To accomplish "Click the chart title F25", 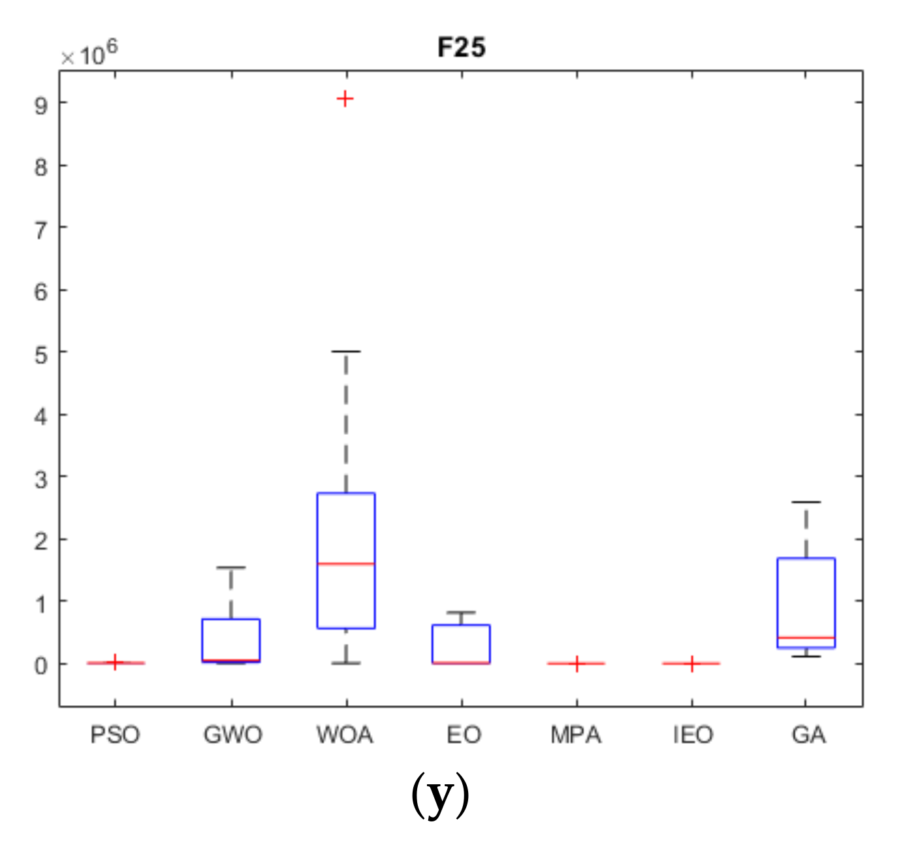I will [461, 48].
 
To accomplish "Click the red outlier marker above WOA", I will [345, 99].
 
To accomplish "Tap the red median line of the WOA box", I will [346, 563].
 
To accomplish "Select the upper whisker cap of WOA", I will [346, 351].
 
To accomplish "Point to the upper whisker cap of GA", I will [806, 502].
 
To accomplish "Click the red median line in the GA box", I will [806, 637].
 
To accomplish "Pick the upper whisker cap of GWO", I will [231, 567].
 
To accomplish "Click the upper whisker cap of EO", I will [462, 612].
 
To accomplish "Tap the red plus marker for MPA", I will [577, 663].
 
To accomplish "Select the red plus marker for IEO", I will [691, 663].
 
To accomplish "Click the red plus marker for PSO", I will [115, 662].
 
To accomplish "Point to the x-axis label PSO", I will [115, 735].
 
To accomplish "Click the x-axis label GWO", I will [232, 735].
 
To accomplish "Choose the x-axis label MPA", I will [576, 735].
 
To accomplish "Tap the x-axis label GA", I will [808, 735].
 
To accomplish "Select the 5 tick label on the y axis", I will [42, 355].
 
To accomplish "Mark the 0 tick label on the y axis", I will [42, 666].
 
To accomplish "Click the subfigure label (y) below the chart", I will [440, 795].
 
